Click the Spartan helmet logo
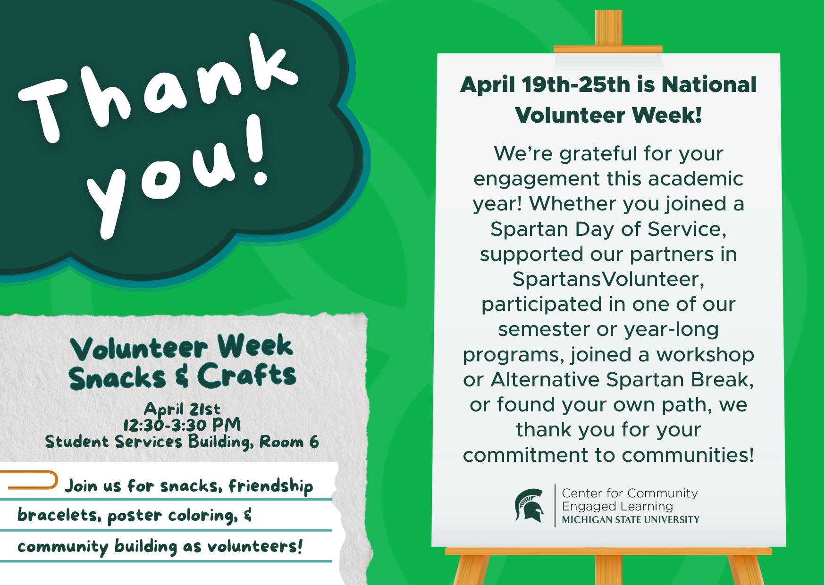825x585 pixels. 529,505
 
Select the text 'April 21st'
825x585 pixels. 182,409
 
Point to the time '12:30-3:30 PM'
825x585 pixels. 182,425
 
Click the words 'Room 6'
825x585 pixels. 289,442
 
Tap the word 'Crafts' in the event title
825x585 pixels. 246,376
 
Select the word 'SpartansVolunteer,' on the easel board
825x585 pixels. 608,279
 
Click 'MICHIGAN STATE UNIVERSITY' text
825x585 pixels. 631,520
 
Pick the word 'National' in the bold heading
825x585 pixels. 709,85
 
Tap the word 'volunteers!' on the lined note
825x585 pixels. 255,546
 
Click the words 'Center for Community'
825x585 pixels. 630,493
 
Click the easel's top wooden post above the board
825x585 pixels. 608,28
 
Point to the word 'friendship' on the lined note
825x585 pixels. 271,486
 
